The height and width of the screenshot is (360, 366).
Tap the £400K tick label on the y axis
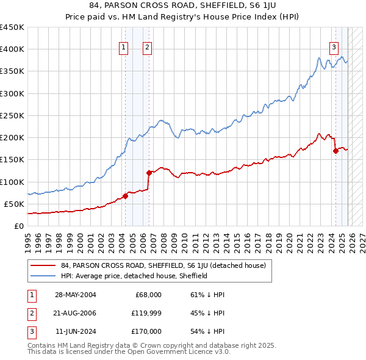coord(12,49)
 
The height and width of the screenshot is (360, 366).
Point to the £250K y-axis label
coord(12,115)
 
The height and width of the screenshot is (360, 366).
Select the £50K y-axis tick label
coord(15,204)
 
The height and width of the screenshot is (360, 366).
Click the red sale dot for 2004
coord(125,196)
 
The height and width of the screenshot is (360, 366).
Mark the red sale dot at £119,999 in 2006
coord(149,173)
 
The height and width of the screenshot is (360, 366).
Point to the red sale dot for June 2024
coord(335,151)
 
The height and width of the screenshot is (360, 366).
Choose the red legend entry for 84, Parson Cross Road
coord(163,266)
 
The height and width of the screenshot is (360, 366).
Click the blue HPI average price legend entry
coord(134,276)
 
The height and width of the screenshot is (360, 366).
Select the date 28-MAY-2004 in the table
coord(75,294)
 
